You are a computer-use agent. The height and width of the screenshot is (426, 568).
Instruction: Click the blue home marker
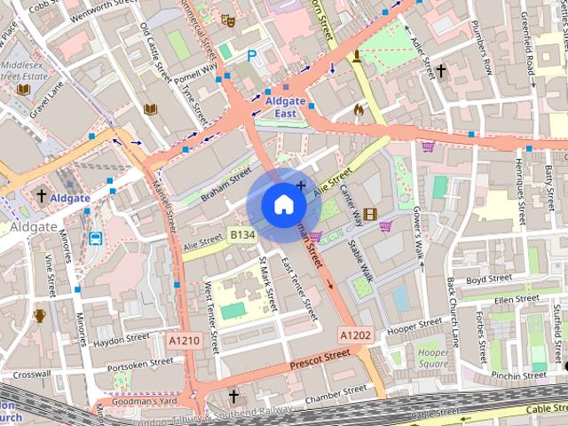point(283,205)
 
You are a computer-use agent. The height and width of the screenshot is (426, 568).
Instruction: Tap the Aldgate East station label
point(285,107)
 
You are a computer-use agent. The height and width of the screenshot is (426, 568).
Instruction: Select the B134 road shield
point(241,234)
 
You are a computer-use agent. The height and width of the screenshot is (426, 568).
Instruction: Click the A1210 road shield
point(184,341)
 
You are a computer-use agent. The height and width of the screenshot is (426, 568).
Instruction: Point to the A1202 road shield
point(354,335)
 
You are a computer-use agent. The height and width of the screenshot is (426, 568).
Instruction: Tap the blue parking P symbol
point(252,55)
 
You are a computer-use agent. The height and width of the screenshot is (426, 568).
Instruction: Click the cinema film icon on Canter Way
point(370,214)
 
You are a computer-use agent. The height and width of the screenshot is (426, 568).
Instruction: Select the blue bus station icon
point(95,238)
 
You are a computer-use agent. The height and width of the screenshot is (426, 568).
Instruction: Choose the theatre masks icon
point(228,18)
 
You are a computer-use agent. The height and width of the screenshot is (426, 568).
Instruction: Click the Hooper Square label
point(433,358)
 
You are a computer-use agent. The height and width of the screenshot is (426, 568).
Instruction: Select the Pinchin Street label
point(518,375)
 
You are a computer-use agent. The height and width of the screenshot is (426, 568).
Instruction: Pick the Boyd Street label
point(489,279)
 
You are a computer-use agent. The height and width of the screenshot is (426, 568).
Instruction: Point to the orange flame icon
point(359,110)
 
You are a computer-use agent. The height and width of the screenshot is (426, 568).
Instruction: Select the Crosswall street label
point(33,375)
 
